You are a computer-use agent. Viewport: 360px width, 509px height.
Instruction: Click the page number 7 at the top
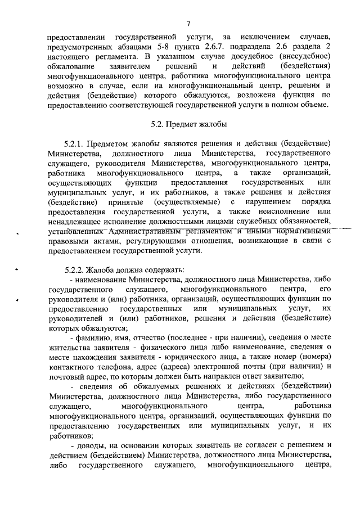189,22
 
